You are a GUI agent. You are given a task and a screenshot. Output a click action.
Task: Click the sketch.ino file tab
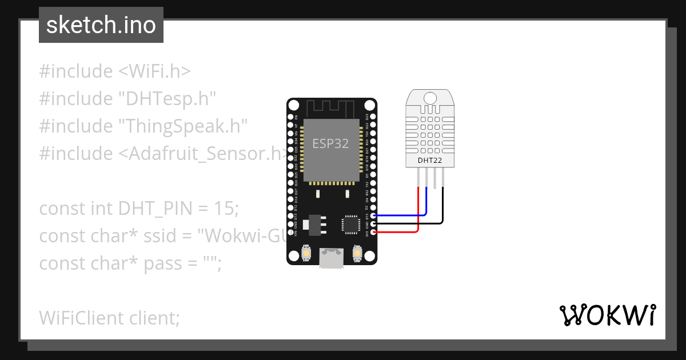[101, 25]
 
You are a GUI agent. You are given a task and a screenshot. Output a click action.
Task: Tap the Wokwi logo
[607, 315]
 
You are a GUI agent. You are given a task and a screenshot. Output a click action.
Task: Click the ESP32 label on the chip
[330, 143]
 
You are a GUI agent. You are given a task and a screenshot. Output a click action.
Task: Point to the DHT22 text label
[430, 161]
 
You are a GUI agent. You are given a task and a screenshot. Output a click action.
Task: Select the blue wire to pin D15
[400, 215]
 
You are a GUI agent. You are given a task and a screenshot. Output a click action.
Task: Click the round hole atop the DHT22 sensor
[430, 97]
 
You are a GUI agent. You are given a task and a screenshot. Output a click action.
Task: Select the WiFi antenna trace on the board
[332, 107]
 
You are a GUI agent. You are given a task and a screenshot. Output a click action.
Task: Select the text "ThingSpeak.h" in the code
[182, 126]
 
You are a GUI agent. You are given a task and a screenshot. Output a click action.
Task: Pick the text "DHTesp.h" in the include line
[167, 99]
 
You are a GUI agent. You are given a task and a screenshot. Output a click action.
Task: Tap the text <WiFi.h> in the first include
[154, 71]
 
